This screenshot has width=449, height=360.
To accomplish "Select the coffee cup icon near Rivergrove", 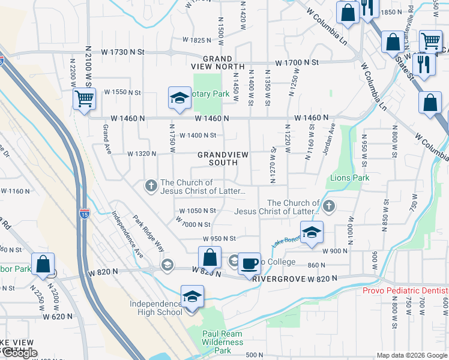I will click(x=249, y=263).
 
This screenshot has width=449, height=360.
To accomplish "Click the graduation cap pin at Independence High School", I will click(x=192, y=297).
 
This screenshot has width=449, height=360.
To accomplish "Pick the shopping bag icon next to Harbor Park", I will click(x=43, y=264).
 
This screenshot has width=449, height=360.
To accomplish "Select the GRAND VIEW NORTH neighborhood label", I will click(x=223, y=62).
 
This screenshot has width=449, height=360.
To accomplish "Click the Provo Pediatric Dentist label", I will click(x=405, y=291).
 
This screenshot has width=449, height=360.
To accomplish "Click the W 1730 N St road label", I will click(x=123, y=52).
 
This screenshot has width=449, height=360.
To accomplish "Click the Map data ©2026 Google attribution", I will click(x=412, y=355).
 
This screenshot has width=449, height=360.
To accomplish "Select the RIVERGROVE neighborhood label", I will click(x=276, y=279).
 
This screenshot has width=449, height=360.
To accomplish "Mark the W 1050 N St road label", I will click(x=197, y=211).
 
